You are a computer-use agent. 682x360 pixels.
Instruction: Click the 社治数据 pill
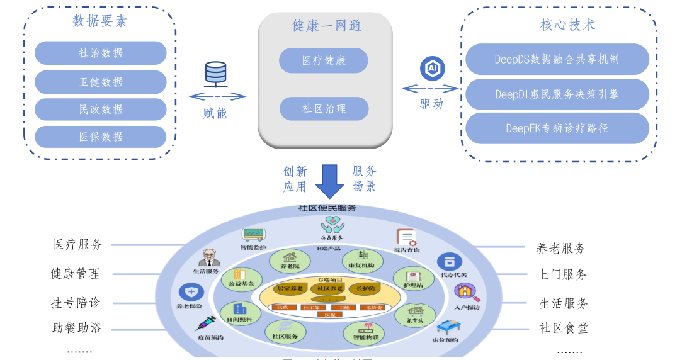(x=101, y=53)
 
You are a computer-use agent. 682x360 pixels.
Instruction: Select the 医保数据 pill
(x=101, y=137)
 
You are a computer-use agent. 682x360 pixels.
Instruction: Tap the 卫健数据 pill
(x=101, y=82)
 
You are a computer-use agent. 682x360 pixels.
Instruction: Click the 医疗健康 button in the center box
(x=324, y=60)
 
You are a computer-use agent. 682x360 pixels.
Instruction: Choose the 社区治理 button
(x=324, y=108)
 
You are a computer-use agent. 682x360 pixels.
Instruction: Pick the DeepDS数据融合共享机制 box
(x=557, y=59)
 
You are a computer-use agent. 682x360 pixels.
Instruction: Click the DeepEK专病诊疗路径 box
(x=557, y=128)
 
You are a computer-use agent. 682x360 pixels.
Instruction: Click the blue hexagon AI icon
(x=432, y=69)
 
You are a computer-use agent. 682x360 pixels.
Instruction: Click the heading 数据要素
(x=99, y=21)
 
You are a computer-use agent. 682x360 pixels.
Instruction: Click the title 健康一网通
(x=326, y=25)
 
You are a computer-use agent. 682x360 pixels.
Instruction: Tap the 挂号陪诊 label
(x=76, y=302)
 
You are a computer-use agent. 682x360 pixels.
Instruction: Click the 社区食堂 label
(x=563, y=328)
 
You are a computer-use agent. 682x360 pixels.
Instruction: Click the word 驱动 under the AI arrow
(x=431, y=104)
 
